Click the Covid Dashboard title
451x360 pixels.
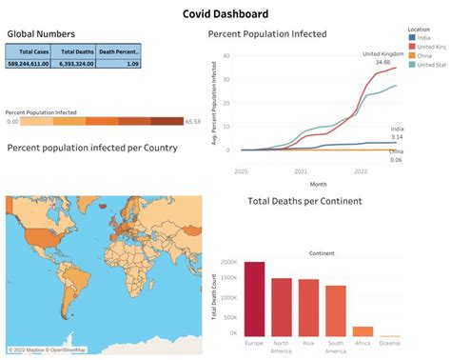[225, 13]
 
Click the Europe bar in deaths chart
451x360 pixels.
[255, 297]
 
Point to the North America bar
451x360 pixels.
[282, 306]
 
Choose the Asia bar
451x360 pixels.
[308, 307]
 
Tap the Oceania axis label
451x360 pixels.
[389, 343]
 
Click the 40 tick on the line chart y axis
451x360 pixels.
[225, 55]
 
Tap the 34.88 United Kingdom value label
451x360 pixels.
[383, 63]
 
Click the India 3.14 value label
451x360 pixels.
[397, 136]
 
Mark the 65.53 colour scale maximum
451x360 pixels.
[193, 121]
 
